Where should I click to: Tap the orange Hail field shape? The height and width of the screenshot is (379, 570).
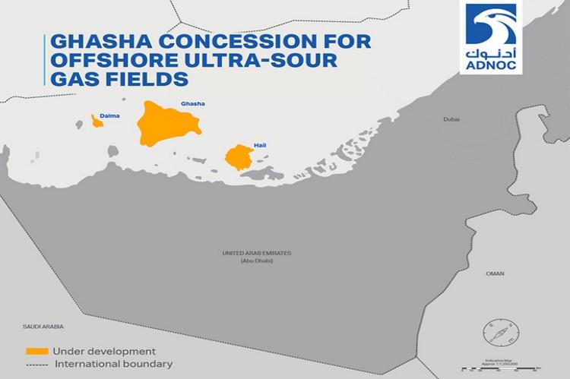pyautogui.click(x=240, y=157)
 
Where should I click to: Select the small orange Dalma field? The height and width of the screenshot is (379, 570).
pyautogui.click(x=97, y=122)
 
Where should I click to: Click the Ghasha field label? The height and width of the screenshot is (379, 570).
pyautogui.click(x=192, y=103)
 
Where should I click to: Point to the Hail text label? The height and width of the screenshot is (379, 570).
pyautogui.click(x=260, y=144)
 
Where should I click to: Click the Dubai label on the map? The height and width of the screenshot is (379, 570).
pyautogui.click(x=452, y=119)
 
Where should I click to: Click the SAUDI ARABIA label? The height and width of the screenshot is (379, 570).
pyautogui.click(x=43, y=326)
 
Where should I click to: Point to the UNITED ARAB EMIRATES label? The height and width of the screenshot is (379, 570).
pyautogui.click(x=256, y=253)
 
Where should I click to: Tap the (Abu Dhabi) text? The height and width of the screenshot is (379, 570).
pyautogui.click(x=256, y=261)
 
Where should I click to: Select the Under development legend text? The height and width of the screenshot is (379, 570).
pyautogui.click(x=104, y=352)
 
